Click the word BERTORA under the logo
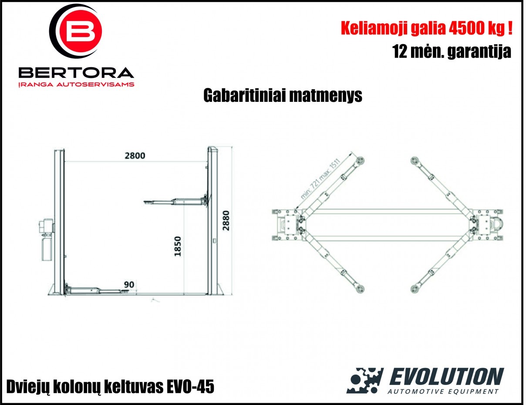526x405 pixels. pos(76,73)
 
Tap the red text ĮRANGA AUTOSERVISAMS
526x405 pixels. pos(76,84)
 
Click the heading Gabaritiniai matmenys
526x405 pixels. pos(283,96)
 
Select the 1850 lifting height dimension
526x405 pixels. pos(178,246)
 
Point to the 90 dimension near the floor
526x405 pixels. pos(129,284)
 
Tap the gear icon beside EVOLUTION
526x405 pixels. pos(365,380)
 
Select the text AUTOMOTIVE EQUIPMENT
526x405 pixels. pos(443,391)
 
